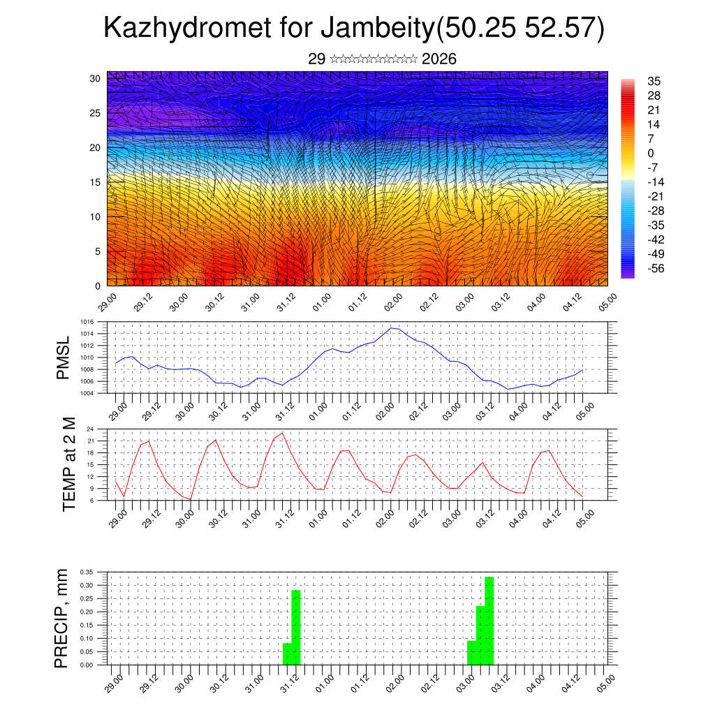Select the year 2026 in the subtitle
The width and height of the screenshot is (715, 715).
click(x=439, y=59)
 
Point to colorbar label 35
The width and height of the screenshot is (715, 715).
click(x=654, y=82)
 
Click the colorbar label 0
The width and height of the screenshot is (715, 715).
click(x=651, y=153)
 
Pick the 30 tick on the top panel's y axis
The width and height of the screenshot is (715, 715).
click(x=96, y=78)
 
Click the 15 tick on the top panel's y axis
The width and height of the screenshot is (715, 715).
click(x=96, y=182)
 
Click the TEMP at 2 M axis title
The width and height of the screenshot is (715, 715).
click(x=68, y=464)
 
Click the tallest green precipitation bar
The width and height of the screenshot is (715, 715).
click(x=489, y=620)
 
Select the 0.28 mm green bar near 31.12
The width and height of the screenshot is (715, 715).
click(x=296, y=627)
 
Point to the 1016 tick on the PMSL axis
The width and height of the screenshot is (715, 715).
click(x=87, y=322)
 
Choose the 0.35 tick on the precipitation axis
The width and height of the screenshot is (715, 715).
click(x=87, y=572)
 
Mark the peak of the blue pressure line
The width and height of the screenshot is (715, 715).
click(x=392, y=327)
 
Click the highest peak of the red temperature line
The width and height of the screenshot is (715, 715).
click(x=282, y=434)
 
